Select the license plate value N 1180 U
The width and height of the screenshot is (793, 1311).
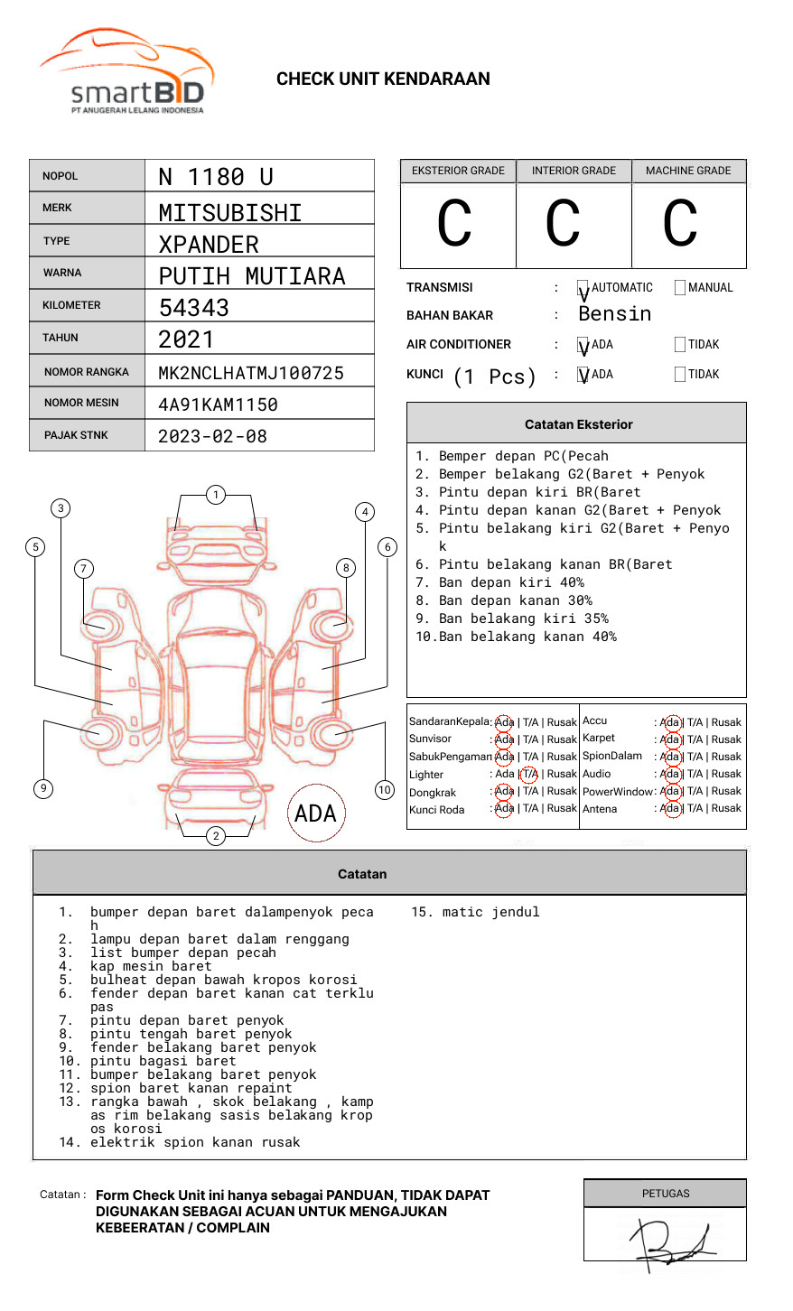pyautogui.click(x=216, y=177)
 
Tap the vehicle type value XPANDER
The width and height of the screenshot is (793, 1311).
pyautogui.click(x=209, y=245)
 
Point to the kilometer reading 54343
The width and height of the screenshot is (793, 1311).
pyautogui.click(x=194, y=308)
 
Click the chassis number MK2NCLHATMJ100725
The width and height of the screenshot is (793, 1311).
pyautogui.click(x=251, y=373)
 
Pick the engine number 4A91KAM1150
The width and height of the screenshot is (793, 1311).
pyautogui.click(x=218, y=404)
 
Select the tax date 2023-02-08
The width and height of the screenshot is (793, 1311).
pyautogui.click(x=212, y=436)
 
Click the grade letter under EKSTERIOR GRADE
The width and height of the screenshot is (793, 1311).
pyautogui.click(x=454, y=224)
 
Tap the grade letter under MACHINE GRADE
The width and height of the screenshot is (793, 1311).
pyautogui.click(x=680, y=224)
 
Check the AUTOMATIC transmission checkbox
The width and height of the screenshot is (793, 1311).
pyautogui.click(x=583, y=288)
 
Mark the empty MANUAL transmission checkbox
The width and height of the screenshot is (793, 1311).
pyautogui.click(x=680, y=288)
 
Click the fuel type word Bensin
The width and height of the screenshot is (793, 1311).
pyautogui.click(x=614, y=314)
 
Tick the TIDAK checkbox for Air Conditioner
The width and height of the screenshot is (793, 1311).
pyautogui.click(x=680, y=344)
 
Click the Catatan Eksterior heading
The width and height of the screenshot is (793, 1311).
pyautogui.click(x=578, y=424)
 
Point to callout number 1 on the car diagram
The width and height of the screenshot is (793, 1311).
pyautogui.click(x=215, y=495)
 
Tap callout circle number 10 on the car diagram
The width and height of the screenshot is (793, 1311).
pyautogui.click(x=385, y=790)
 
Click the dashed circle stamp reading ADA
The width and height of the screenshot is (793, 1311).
pyautogui.click(x=316, y=814)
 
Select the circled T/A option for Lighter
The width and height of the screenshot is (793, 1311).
pyautogui.click(x=529, y=774)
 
